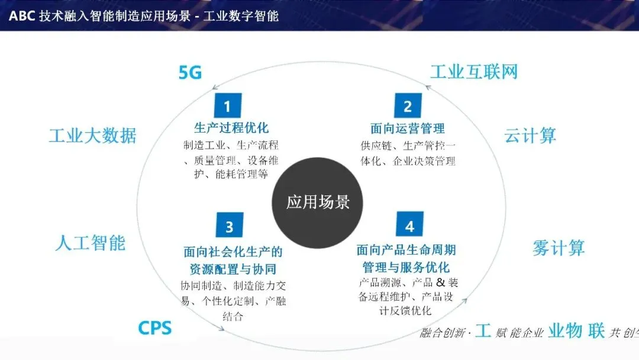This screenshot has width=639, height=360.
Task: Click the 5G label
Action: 191,73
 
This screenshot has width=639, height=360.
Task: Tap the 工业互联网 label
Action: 473,72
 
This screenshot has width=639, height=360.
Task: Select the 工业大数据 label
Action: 92,136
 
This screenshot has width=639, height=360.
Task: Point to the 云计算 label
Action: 530,136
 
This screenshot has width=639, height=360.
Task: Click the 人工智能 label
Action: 90,242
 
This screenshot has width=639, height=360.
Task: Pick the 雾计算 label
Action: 558,247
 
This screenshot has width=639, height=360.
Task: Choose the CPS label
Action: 155,327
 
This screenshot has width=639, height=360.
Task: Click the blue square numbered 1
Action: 227,106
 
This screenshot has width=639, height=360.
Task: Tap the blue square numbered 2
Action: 408,106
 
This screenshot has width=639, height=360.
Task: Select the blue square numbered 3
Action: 229,226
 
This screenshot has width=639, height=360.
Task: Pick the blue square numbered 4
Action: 409,226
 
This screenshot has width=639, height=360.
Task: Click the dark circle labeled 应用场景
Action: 318,202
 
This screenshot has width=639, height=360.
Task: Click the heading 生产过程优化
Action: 231,128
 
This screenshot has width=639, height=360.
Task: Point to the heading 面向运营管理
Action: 408,128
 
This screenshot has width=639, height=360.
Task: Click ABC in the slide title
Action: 22,16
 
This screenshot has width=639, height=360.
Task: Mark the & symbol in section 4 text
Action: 440,282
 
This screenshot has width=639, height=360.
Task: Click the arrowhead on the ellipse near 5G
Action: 216,89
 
